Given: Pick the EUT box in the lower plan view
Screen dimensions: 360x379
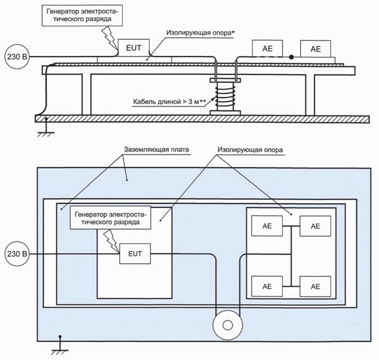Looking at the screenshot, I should pos(133,254).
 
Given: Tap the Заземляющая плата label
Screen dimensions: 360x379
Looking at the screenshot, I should pos(155,150).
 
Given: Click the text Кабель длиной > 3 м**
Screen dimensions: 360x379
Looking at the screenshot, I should pos(172,101).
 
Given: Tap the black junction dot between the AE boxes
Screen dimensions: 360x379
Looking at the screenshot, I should pos(291,56).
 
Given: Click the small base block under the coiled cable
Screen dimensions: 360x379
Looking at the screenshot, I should pos(224,112).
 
